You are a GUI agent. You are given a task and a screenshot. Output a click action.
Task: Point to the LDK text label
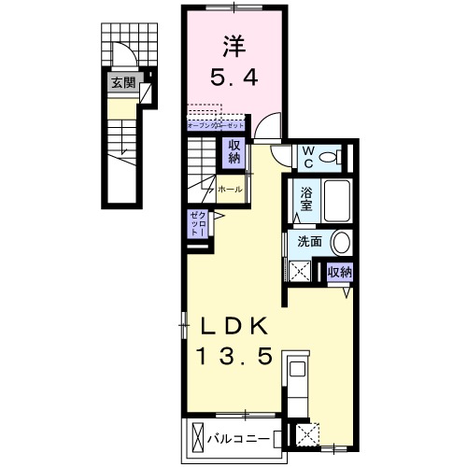point(236,327)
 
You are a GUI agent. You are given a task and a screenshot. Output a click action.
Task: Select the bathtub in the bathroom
point(334,198)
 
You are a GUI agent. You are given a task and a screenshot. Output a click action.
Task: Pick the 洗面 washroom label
point(309,241)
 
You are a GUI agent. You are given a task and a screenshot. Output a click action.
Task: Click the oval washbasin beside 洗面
point(342,242)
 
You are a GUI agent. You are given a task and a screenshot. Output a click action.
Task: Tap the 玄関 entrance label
point(122,82)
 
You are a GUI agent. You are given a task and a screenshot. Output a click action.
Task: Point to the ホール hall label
point(230,190)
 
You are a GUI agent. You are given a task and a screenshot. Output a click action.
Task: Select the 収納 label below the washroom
point(339,272)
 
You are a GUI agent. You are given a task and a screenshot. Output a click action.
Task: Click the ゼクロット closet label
point(199,223)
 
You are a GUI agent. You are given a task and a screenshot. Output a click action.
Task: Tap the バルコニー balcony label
point(238,437)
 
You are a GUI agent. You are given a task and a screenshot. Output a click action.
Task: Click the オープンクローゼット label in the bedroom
point(217,124)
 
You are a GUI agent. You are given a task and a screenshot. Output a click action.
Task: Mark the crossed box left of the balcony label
point(198,436)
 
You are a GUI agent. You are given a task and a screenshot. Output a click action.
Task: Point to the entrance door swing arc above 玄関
point(123,57)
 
